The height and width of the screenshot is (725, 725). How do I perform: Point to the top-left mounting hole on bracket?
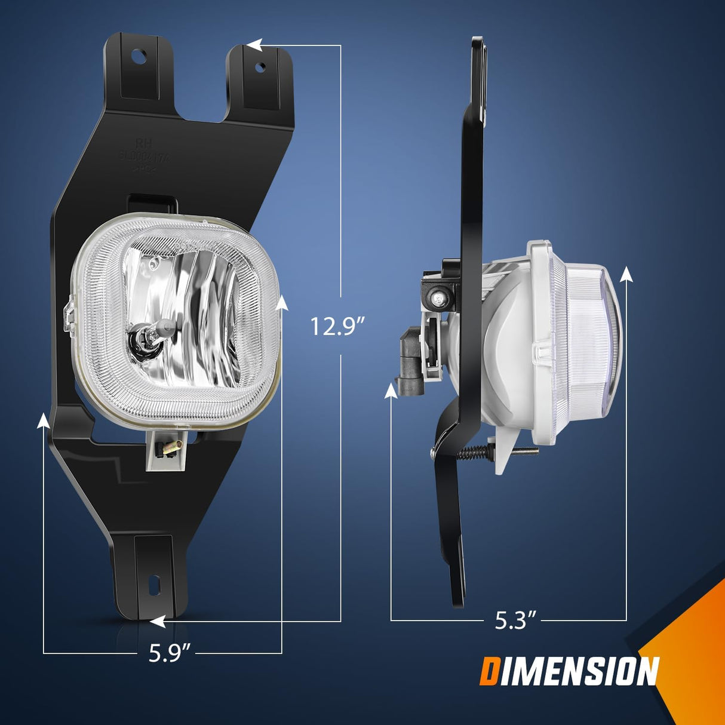pyautogui.click(x=139, y=57)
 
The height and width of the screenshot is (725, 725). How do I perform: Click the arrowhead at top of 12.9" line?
pyautogui.click(x=254, y=45)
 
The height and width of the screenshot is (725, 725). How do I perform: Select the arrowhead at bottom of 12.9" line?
pyautogui.click(x=158, y=622)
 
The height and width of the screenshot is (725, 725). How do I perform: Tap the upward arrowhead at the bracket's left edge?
pyautogui.click(x=44, y=421)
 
